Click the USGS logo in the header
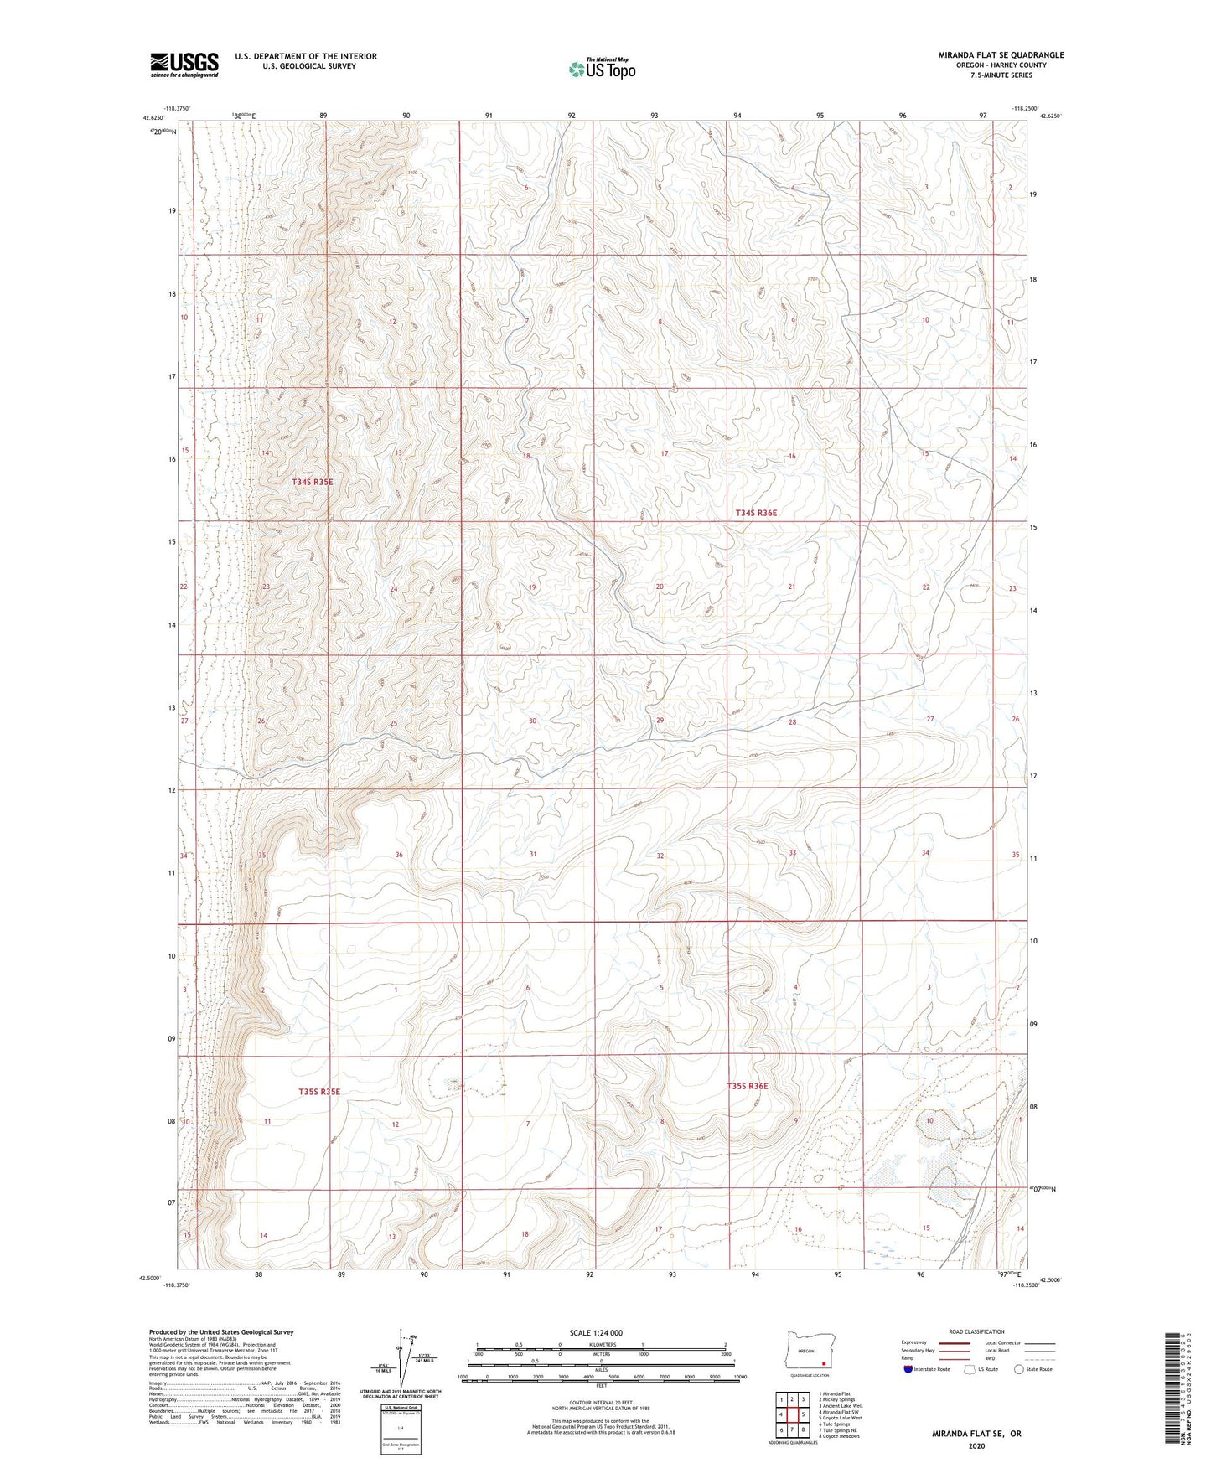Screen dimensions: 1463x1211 184,64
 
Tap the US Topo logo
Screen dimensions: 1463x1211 601,69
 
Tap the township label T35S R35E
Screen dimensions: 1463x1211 319,1092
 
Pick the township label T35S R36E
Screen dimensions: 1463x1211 747,1086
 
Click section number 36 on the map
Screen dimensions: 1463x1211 399,855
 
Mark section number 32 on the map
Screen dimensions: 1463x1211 660,856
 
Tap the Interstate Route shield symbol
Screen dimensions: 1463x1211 909,1369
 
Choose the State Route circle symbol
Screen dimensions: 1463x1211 1018,1369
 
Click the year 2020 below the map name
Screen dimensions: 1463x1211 976,1446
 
